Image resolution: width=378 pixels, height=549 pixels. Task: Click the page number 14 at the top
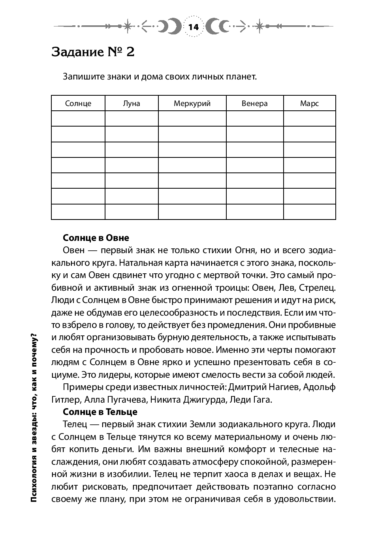point(194,27)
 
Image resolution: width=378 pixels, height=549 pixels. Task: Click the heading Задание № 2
point(93,52)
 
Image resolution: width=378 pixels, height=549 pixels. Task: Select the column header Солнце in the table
point(78,104)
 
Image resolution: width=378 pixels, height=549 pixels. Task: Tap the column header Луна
point(132,104)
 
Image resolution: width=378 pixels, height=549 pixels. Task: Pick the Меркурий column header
point(192,104)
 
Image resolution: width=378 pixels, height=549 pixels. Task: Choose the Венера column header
point(255,104)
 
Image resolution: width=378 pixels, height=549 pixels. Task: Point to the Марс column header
point(309,104)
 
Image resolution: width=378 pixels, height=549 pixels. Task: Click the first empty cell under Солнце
point(78,119)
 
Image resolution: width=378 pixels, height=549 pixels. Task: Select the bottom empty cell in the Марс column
point(309,212)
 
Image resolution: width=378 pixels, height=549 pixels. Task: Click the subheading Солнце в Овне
point(96,238)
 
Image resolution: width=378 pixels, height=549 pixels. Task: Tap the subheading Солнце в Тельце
point(100,412)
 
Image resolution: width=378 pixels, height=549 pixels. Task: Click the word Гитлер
point(64,399)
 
